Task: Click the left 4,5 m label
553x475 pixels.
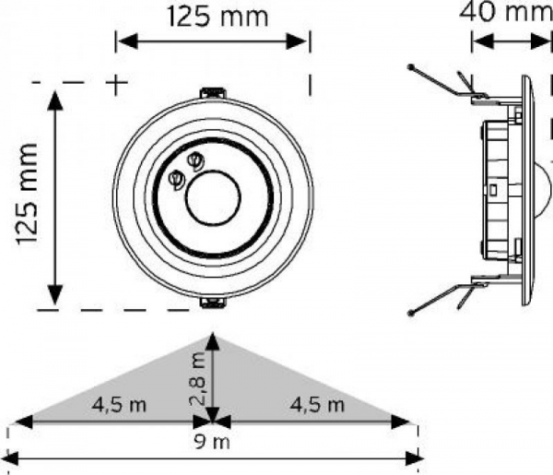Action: [115, 404]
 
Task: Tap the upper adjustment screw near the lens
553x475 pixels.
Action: [194, 161]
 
